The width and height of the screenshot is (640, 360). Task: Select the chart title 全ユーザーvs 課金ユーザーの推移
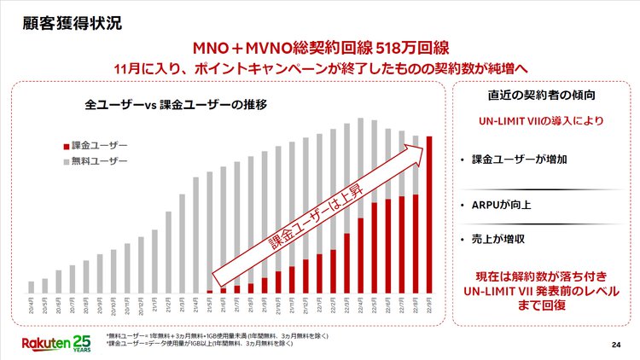pyautogui.click(x=177, y=106)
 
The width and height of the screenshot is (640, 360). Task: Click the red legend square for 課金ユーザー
pyautogui.click(x=65, y=145)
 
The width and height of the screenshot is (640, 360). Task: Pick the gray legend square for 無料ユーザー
pyautogui.click(x=65, y=160)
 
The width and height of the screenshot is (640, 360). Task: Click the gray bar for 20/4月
pyautogui.click(x=32, y=287)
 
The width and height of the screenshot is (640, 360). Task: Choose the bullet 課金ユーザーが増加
pyautogui.click(x=513, y=160)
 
